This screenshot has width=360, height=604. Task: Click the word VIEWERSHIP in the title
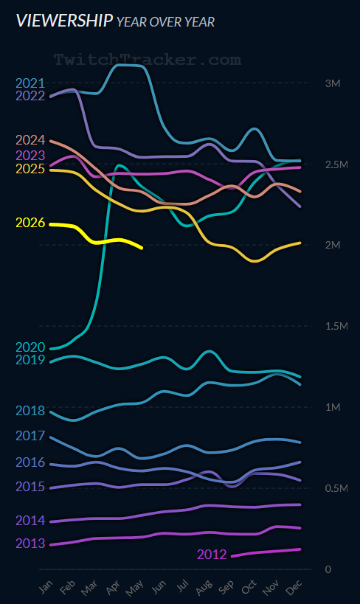coord(65,21)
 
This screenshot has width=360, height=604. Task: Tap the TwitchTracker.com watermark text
coord(148,60)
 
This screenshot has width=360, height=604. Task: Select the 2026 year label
coord(30,223)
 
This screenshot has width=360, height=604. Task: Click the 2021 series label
coord(30,83)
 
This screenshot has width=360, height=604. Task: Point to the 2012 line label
coord(212,555)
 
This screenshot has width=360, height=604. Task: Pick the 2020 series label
coord(30,347)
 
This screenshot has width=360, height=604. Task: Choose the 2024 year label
coord(30,140)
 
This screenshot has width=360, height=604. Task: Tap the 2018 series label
coord(30,411)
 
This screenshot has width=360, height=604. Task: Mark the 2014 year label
coord(30,521)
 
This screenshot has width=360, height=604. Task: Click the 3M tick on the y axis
coord(333,83)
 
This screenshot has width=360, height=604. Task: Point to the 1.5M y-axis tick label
coord(336,326)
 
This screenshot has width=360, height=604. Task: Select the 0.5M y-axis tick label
coord(336,488)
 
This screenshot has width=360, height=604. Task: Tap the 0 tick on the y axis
coord(328,569)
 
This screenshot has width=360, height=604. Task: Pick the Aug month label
coord(204,586)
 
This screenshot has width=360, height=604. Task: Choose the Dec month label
coord(294,586)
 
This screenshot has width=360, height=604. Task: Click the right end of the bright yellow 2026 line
coord(142,248)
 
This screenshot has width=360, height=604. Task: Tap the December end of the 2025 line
coord(300,243)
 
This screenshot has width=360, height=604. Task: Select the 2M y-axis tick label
coord(333,245)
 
